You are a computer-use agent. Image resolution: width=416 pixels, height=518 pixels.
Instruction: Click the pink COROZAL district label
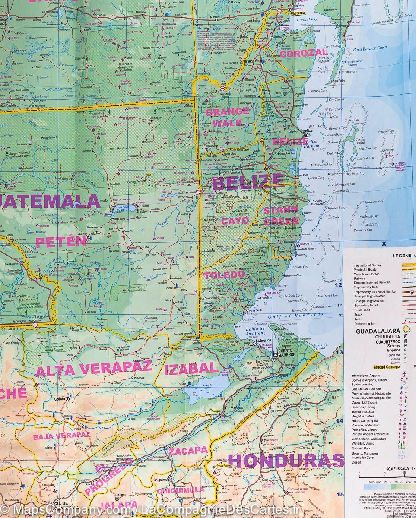point(304,54)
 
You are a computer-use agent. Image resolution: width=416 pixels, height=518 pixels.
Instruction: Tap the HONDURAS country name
point(286,461)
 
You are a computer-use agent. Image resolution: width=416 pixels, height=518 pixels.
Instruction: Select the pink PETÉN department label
point(61,241)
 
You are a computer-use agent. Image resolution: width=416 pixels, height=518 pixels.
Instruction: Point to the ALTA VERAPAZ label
point(94,369)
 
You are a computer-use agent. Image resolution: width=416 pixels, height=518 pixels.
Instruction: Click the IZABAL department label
point(191,368)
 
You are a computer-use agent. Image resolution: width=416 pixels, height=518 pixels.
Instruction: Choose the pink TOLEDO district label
point(224,275)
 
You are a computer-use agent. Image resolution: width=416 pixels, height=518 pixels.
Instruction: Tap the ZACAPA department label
point(188,451)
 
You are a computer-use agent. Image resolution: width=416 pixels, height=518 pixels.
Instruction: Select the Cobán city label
point(59,399)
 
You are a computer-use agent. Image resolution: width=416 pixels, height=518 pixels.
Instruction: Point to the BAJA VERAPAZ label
point(61,436)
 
